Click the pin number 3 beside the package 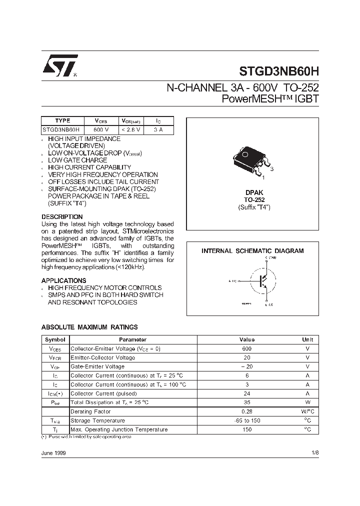pos(271,169)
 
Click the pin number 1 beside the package pos(263,178)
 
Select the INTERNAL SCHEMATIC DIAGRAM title pos(252,251)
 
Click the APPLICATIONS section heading pos(63,280)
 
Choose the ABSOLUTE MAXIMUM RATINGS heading pos(89,327)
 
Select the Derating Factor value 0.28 pos(246,411)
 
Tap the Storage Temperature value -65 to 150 pos(246,420)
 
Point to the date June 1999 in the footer pos(53,452)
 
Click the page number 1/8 pos(314,452)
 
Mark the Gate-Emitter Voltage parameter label pos(97,366)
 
